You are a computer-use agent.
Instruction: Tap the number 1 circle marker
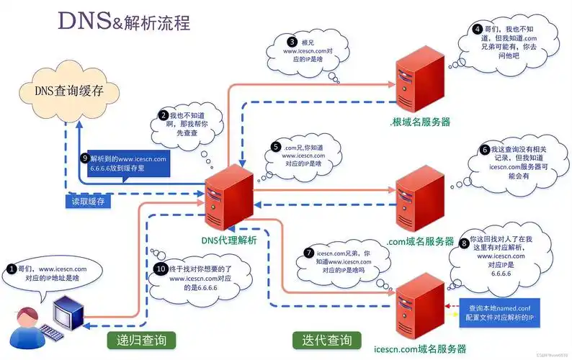pyautogui.click(x=12, y=269)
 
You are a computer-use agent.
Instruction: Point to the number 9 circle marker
pyautogui.click(x=85, y=158)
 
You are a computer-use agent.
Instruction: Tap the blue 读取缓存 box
pyautogui.click(x=88, y=202)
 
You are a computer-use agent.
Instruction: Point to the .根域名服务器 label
pyautogui.click(x=420, y=121)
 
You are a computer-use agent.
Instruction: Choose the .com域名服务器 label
pyautogui.click(x=420, y=241)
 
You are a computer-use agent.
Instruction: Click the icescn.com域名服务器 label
pyautogui.click(x=420, y=348)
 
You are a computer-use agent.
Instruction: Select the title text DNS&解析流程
pyautogui.click(x=124, y=22)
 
